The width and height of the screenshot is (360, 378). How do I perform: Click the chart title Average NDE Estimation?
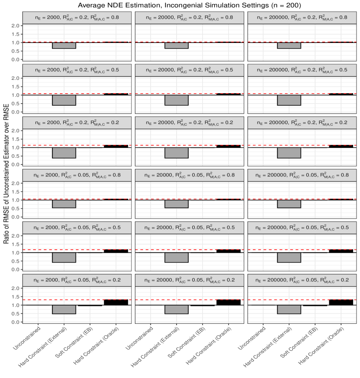[x=180, y=5]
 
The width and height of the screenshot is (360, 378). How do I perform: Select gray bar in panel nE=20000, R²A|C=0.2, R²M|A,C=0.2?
[x=177, y=153]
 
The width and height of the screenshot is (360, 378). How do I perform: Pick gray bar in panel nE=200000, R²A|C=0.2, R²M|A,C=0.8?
[x=289, y=46]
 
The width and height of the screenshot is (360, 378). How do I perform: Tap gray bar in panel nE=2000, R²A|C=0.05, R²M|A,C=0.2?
[x=64, y=310]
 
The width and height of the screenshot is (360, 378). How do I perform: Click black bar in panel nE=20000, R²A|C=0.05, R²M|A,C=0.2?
[x=228, y=302]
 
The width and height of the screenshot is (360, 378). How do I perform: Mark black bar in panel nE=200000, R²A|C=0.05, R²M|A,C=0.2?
[x=340, y=302]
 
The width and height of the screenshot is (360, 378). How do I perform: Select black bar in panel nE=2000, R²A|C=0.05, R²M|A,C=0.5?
[x=116, y=251]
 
